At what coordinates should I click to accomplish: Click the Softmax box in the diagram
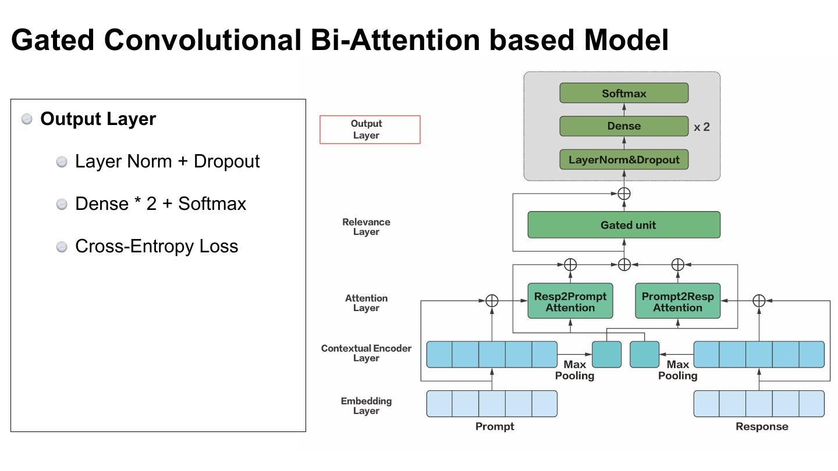pos(624,93)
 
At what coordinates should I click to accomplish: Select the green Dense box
pos(624,126)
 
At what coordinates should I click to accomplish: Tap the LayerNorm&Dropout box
pos(624,159)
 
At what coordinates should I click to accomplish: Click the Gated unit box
pos(624,224)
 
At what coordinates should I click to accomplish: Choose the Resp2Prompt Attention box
pos(570,301)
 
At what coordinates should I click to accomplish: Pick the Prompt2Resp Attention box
pos(677,301)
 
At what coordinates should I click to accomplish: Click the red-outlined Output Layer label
pos(370,129)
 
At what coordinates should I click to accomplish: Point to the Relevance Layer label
pos(366,227)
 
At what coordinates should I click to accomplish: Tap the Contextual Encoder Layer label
pos(366,354)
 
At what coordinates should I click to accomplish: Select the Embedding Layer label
pos(366,406)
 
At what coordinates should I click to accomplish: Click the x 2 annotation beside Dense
pos(701,127)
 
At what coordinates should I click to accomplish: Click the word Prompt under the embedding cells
pos(495,427)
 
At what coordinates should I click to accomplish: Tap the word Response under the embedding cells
pos(762,427)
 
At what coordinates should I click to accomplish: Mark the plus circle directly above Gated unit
pos(624,194)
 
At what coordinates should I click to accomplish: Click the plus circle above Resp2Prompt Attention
pos(570,265)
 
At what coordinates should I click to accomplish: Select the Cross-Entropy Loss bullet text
pos(157,246)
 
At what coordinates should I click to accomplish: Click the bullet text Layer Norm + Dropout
pos(167,162)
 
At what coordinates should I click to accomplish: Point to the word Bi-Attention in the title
pos(395,40)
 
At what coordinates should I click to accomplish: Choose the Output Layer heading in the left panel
pos(98,119)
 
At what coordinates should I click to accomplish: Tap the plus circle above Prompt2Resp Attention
pos(678,265)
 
